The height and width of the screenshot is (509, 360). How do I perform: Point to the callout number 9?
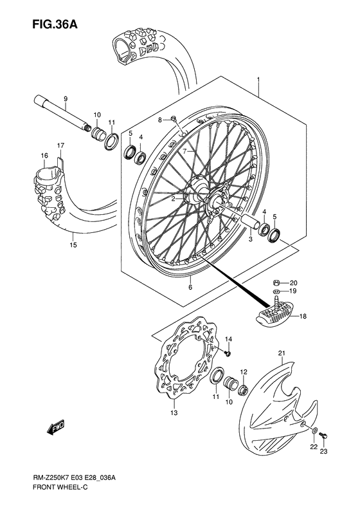click(x=65, y=98)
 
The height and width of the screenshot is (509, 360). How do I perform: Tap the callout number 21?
click(x=281, y=353)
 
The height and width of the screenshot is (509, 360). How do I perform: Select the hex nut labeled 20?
click(x=275, y=282)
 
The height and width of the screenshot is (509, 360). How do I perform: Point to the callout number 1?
click(x=258, y=80)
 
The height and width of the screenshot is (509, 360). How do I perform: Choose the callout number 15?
click(x=73, y=245)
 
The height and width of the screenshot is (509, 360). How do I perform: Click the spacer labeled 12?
click(x=243, y=388)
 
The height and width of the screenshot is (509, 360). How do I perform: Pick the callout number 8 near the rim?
click(x=143, y=119)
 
